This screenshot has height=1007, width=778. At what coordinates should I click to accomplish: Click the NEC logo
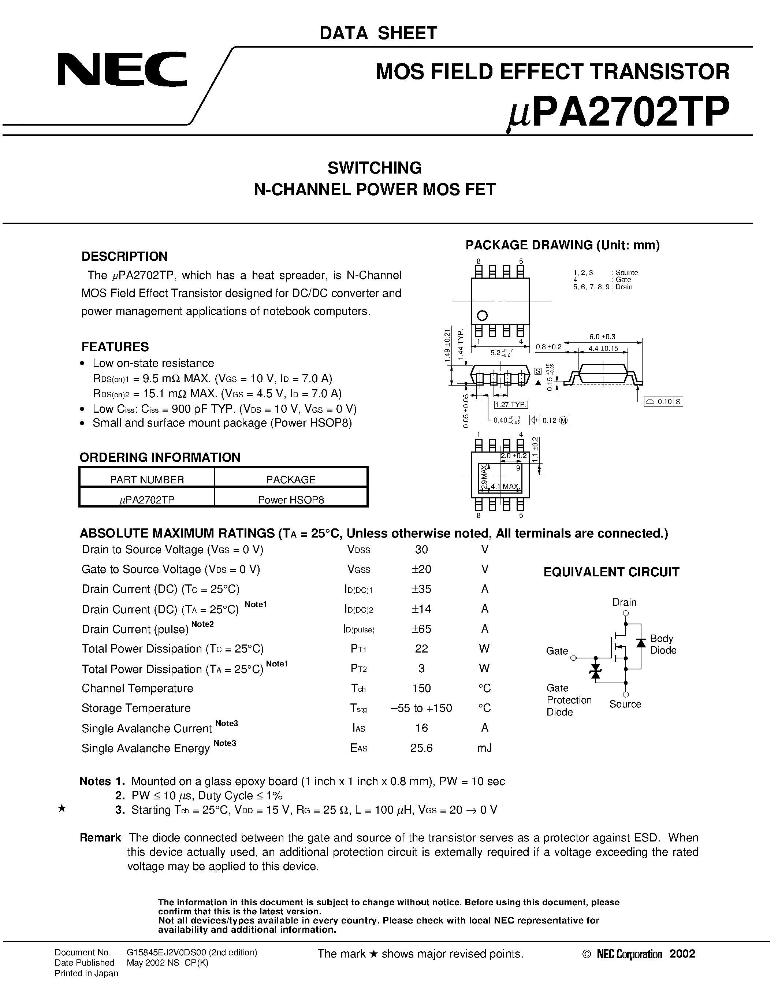(122, 69)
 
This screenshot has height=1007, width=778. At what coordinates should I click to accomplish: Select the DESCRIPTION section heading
(124, 256)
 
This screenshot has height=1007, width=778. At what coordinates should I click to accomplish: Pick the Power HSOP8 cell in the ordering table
(291, 500)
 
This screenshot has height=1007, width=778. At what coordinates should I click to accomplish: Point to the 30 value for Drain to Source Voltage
(421, 549)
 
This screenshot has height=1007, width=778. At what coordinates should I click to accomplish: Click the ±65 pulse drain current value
(421, 629)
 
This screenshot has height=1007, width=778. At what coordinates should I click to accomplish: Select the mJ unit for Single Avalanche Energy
(484, 748)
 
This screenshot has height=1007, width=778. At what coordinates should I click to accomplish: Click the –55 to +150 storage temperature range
(421, 708)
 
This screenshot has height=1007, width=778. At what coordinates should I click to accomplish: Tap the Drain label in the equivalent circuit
(624, 602)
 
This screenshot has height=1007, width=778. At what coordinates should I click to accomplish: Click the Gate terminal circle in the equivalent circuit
(573, 658)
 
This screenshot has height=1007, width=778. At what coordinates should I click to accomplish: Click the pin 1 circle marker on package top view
(482, 316)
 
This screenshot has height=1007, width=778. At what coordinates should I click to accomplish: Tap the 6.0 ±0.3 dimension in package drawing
(602, 337)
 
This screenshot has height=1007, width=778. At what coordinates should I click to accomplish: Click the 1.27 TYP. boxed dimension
(511, 405)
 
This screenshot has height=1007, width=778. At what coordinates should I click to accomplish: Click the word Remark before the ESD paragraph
(100, 837)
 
